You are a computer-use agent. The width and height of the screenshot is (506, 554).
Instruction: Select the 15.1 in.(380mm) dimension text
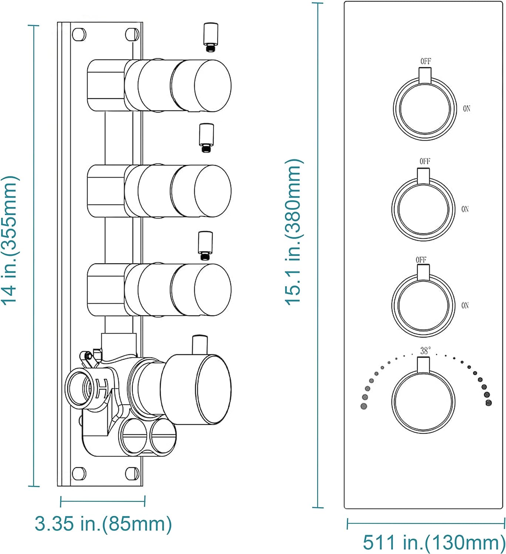point(294,232)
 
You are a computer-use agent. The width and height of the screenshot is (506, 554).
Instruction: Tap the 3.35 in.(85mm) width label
point(103,524)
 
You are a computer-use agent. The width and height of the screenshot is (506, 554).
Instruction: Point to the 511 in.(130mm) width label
point(434,542)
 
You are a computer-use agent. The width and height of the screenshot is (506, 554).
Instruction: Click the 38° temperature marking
point(425,350)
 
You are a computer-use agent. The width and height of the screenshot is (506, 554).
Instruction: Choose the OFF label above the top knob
point(425,61)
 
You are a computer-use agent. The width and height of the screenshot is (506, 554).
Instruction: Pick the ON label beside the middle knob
point(465,209)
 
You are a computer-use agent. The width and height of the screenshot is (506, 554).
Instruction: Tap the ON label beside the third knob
point(465,305)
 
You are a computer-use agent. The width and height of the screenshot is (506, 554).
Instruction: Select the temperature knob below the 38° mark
point(424,401)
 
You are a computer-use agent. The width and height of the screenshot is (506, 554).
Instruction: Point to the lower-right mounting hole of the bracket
point(132,473)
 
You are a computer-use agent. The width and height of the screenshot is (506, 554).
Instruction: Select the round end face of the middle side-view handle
point(213,191)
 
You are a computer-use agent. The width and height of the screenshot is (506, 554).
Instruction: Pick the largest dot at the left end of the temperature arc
point(364,406)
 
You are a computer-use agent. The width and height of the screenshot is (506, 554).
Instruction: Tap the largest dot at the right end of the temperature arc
point(489,403)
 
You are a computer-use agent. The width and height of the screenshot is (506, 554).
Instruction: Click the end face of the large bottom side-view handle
point(213,389)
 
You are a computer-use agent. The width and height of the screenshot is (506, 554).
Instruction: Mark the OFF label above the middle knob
point(425,161)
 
